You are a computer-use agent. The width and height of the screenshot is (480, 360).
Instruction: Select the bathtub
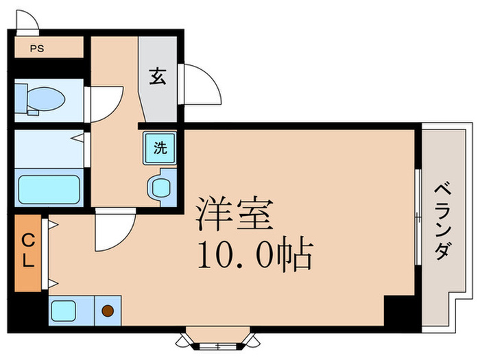point(48,189)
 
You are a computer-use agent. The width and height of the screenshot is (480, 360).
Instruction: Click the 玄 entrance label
point(158,77)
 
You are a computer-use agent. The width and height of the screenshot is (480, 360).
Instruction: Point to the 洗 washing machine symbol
point(159,147)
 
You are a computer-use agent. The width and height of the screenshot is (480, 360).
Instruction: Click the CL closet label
point(29,252)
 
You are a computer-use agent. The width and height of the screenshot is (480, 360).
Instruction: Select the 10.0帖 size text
point(255,255)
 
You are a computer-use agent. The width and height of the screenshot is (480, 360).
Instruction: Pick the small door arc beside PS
point(27,23)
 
